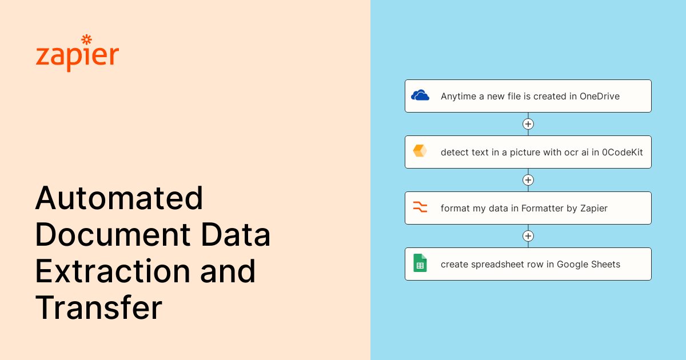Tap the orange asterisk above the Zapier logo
86,39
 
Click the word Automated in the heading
119,198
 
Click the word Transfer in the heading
98,308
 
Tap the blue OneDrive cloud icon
420,95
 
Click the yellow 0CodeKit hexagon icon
420,151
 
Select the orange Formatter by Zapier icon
420,207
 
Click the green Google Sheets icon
420,263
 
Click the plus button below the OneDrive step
528,124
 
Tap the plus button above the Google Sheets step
528,236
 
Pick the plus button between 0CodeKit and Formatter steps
528,180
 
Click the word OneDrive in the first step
599,97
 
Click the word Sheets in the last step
605,265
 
